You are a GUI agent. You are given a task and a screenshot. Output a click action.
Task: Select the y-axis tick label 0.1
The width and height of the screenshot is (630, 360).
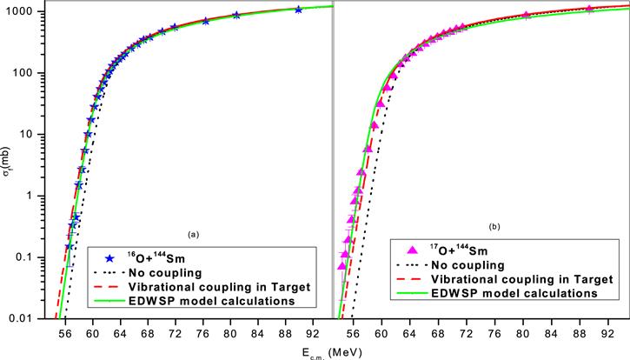(24, 257)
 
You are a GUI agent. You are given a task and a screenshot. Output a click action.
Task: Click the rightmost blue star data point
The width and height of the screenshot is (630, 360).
(299, 10)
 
